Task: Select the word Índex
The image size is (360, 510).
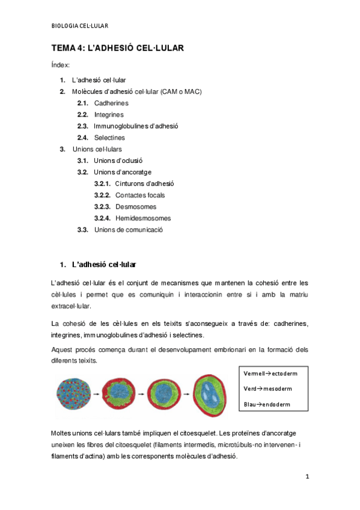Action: click(60, 64)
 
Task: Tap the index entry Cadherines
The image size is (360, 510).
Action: click(111, 103)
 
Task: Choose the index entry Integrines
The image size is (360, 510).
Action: click(109, 114)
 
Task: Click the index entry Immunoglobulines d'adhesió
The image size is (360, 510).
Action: click(136, 126)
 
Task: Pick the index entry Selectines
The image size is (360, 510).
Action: click(109, 138)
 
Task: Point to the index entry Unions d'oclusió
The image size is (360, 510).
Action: click(118, 161)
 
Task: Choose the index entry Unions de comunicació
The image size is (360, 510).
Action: click(129, 229)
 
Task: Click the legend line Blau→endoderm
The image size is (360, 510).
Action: click(267, 404)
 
